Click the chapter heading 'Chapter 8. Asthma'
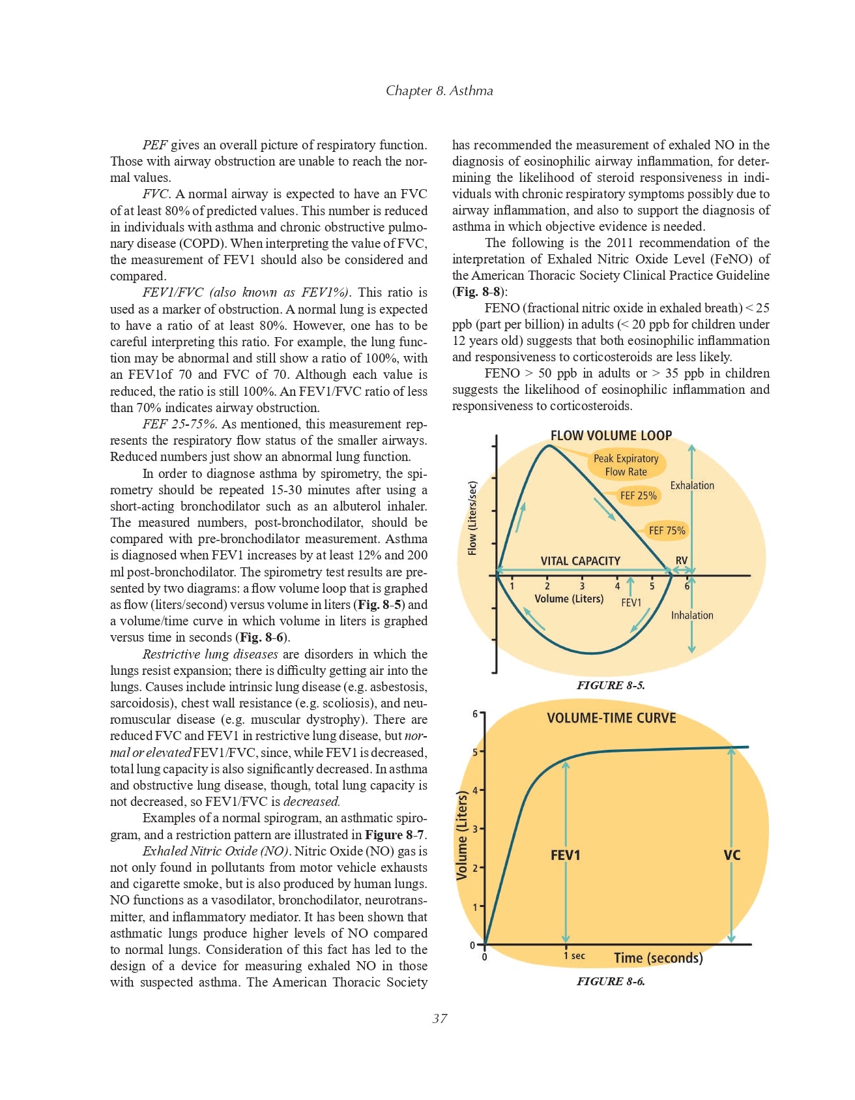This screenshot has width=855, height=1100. coord(439,91)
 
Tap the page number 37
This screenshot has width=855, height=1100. coord(440,1018)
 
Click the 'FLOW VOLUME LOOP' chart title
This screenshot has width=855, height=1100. coord(611,435)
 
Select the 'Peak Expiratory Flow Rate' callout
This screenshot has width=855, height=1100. coord(626,465)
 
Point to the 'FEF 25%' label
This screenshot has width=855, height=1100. coord(638,496)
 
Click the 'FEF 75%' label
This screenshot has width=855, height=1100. coord(667,531)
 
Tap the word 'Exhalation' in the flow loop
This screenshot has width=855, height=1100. coord(691,485)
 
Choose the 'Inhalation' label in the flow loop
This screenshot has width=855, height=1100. coord(691,615)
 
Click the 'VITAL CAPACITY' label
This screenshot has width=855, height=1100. coord(580,561)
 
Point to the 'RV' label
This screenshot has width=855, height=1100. coord(681,560)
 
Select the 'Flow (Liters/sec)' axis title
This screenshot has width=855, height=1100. coord(473,518)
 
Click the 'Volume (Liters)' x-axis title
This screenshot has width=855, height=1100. coord(569,599)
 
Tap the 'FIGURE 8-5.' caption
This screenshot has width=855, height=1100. coord(611,685)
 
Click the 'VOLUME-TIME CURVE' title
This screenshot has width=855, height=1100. coord(611,718)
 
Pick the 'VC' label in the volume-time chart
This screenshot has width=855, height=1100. coord(732,854)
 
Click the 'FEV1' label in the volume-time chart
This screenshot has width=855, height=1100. coord(565,854)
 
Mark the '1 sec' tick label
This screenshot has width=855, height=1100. coord(574,956)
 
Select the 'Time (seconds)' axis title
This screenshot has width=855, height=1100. coord(658,958)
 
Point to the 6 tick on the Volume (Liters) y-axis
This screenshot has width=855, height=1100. coord(475,714)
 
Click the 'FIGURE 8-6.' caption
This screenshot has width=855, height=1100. coord(611,981)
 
